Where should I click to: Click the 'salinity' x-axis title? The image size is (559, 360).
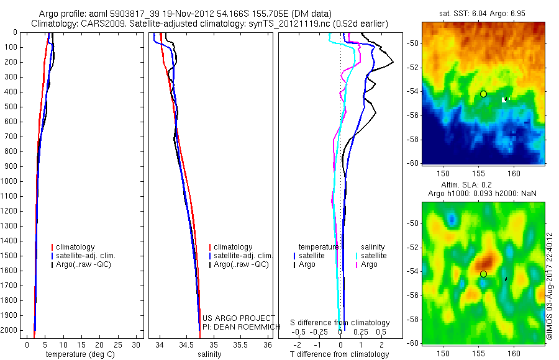click(x=209, y=354)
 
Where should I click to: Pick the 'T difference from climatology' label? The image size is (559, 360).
click(x=339, y=354)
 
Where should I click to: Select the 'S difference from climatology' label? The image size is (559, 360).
click(x=340, y=323)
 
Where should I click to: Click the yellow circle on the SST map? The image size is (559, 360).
click(x=483, y=94)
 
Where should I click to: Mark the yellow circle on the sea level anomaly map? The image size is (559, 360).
click(x=483, y=274)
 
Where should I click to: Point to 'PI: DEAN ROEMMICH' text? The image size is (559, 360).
click(x=238, y=326)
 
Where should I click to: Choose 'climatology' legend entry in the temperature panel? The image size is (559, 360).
click(x=78, y=247)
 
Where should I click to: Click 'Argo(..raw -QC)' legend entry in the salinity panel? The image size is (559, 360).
click(x=241, y=264)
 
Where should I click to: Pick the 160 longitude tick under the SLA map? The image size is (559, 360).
click(x=514, y=353)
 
